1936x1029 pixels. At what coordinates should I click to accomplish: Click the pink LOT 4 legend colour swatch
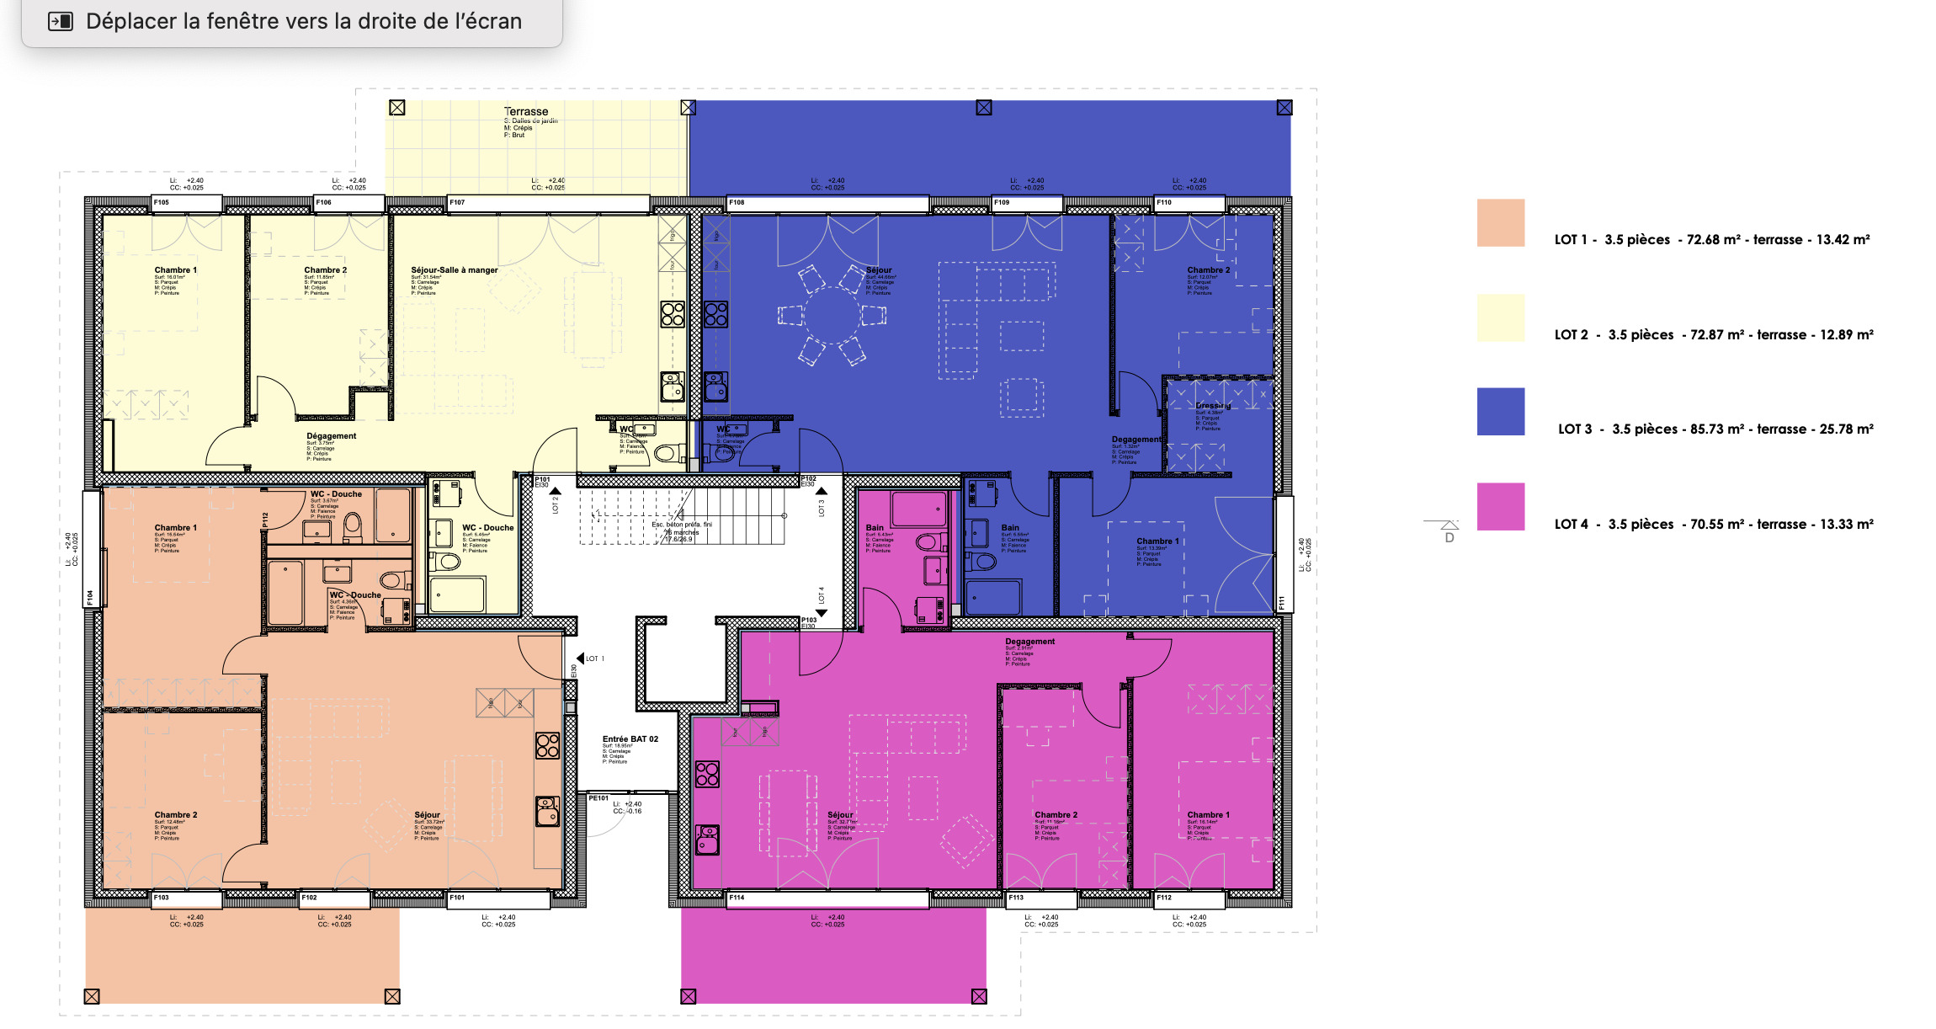[x=1500, y=506]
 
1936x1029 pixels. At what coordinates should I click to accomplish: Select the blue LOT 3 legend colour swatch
[x=1500, y=412]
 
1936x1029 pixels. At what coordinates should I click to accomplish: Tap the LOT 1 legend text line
[x=1711, y=240]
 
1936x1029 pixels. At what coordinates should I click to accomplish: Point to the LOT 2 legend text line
[x=1713, y=335]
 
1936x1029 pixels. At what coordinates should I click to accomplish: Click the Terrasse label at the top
[x=526, y=111]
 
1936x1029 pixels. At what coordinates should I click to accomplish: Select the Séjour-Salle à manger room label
[x=454, y=270]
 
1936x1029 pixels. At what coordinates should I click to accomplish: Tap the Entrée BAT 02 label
[x=630, y=739]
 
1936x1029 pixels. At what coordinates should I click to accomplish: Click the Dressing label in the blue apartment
[x=1212, y=406]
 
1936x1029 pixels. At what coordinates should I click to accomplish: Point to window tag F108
[x=737, y=203]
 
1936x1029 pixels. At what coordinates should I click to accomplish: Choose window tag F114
[x=737, y=898]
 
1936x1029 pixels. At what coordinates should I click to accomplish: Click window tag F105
[x=161, y=203]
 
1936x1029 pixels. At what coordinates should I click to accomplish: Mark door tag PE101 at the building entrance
[x=598, y=798]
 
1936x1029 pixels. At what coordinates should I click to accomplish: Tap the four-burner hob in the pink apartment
[x=707, y=774]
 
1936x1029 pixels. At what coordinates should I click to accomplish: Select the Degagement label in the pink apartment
[x=1029, y=642]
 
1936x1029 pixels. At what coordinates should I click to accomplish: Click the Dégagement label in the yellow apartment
[x=331, y=436]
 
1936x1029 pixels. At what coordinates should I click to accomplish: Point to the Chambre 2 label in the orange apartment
[x=175, y=815]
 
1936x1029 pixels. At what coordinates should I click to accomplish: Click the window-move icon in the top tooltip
[x=61, y=22]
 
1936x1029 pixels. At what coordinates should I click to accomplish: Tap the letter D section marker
[x=1449, y=536]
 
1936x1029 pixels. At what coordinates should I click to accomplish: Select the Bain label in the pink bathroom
[x=875, y=528]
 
